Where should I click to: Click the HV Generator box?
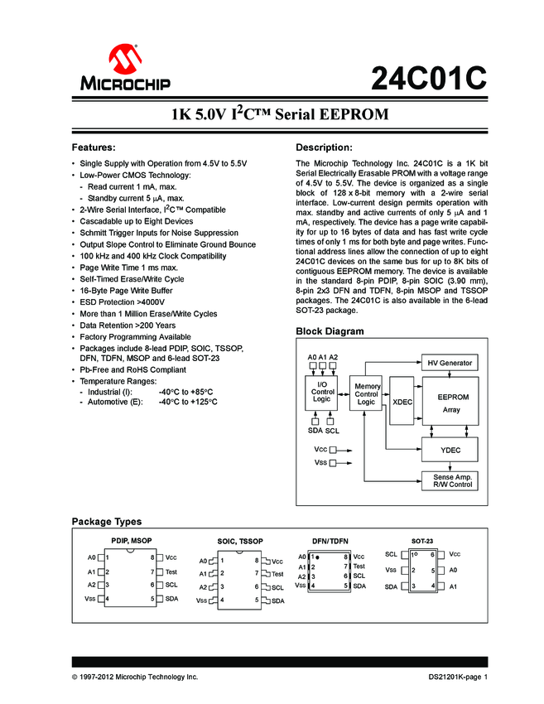[x=450, y=363]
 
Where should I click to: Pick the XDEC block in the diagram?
[x=402, y=402]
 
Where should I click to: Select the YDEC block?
[x=450, y=450]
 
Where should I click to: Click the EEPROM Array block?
[x=450, y=403]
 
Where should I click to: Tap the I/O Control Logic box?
[x=321, y=392]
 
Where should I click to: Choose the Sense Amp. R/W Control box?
[x=450, y=480]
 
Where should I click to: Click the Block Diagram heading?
[x=330, y=331]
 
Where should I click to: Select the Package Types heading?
[x=107, y=522]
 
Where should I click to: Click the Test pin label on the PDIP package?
[x=171, y=571]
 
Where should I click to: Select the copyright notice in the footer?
[x=135, y=677]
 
